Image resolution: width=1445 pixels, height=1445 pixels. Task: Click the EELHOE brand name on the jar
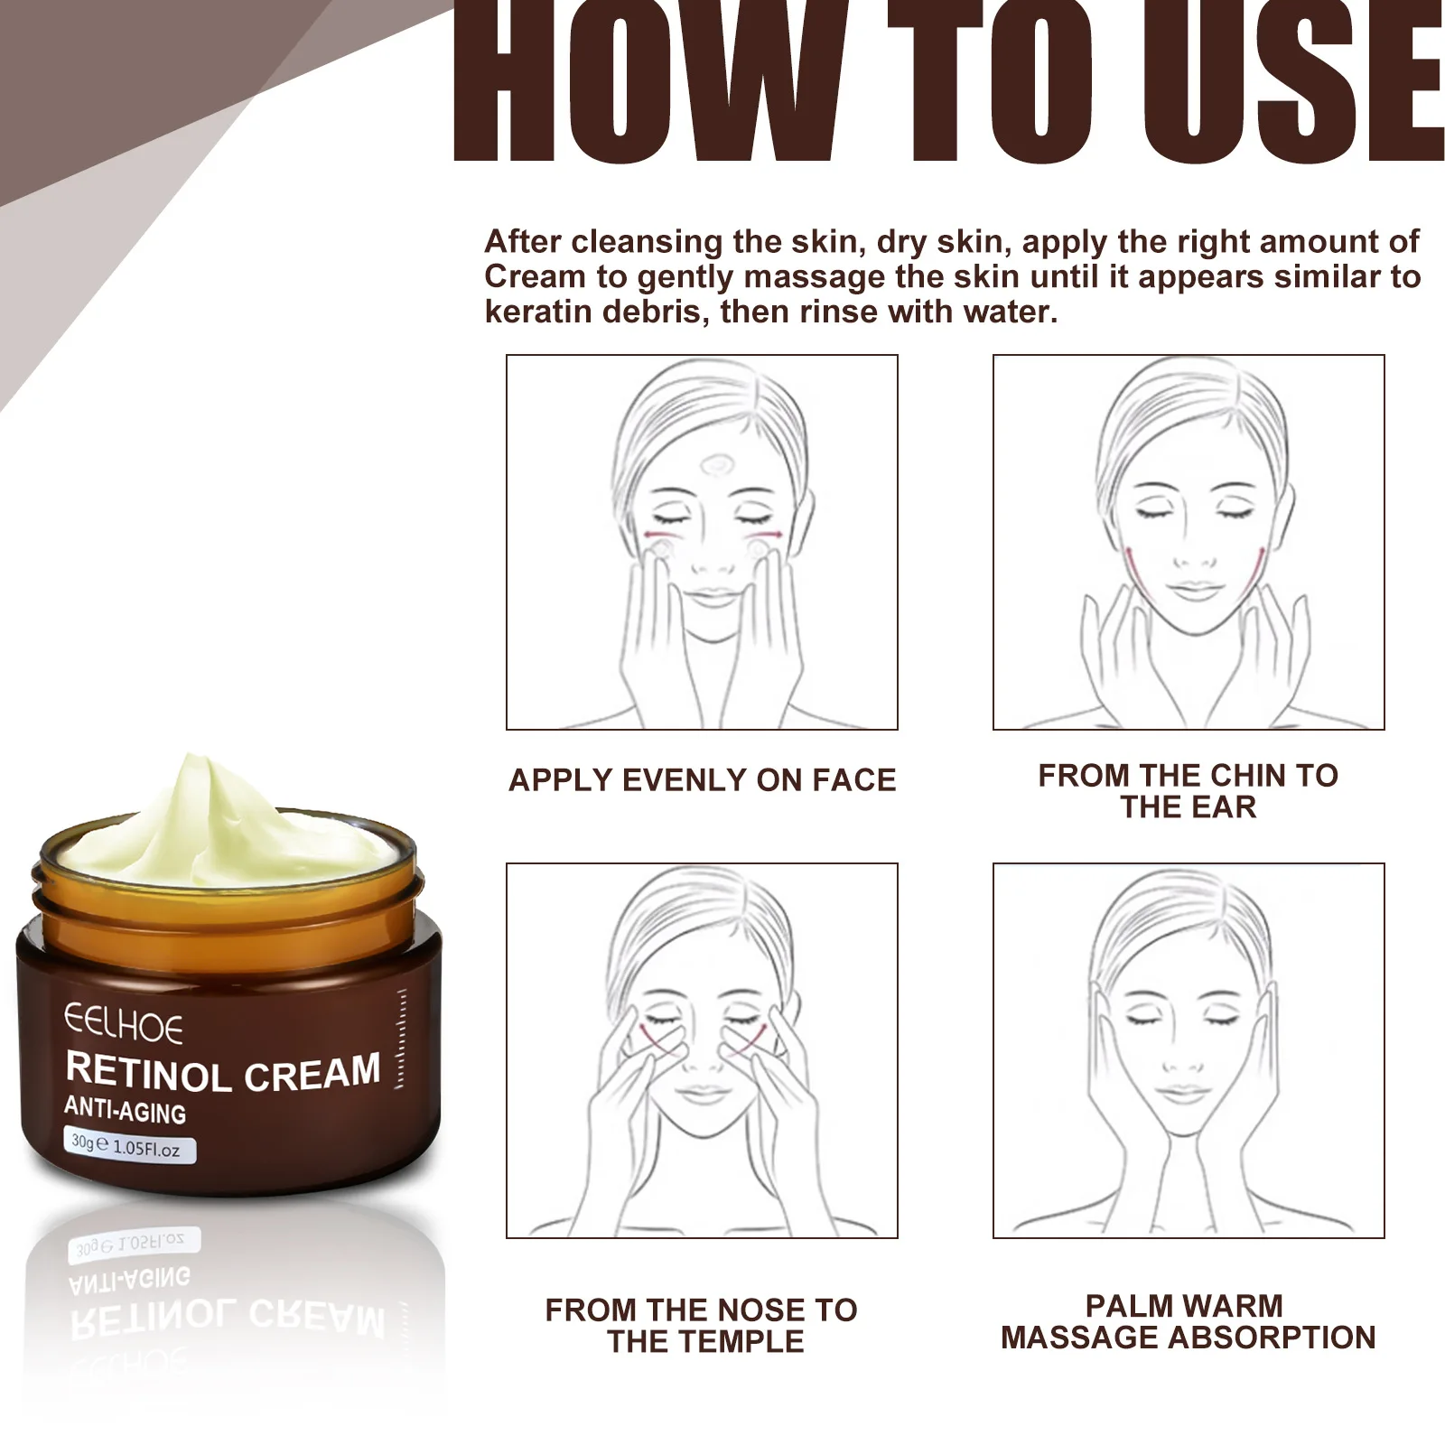123,1025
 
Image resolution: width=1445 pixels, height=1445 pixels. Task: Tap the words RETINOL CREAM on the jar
223,1073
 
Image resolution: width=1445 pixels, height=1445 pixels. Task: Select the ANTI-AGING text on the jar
125,1110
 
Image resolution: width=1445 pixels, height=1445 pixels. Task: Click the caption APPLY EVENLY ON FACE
702,780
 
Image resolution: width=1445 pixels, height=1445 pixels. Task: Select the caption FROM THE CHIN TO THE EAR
1188,791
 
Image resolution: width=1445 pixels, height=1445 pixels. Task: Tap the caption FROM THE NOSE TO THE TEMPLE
702,1326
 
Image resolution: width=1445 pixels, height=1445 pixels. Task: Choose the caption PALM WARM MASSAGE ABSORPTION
1188,1322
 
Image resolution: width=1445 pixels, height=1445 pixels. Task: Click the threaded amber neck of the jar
226,894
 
